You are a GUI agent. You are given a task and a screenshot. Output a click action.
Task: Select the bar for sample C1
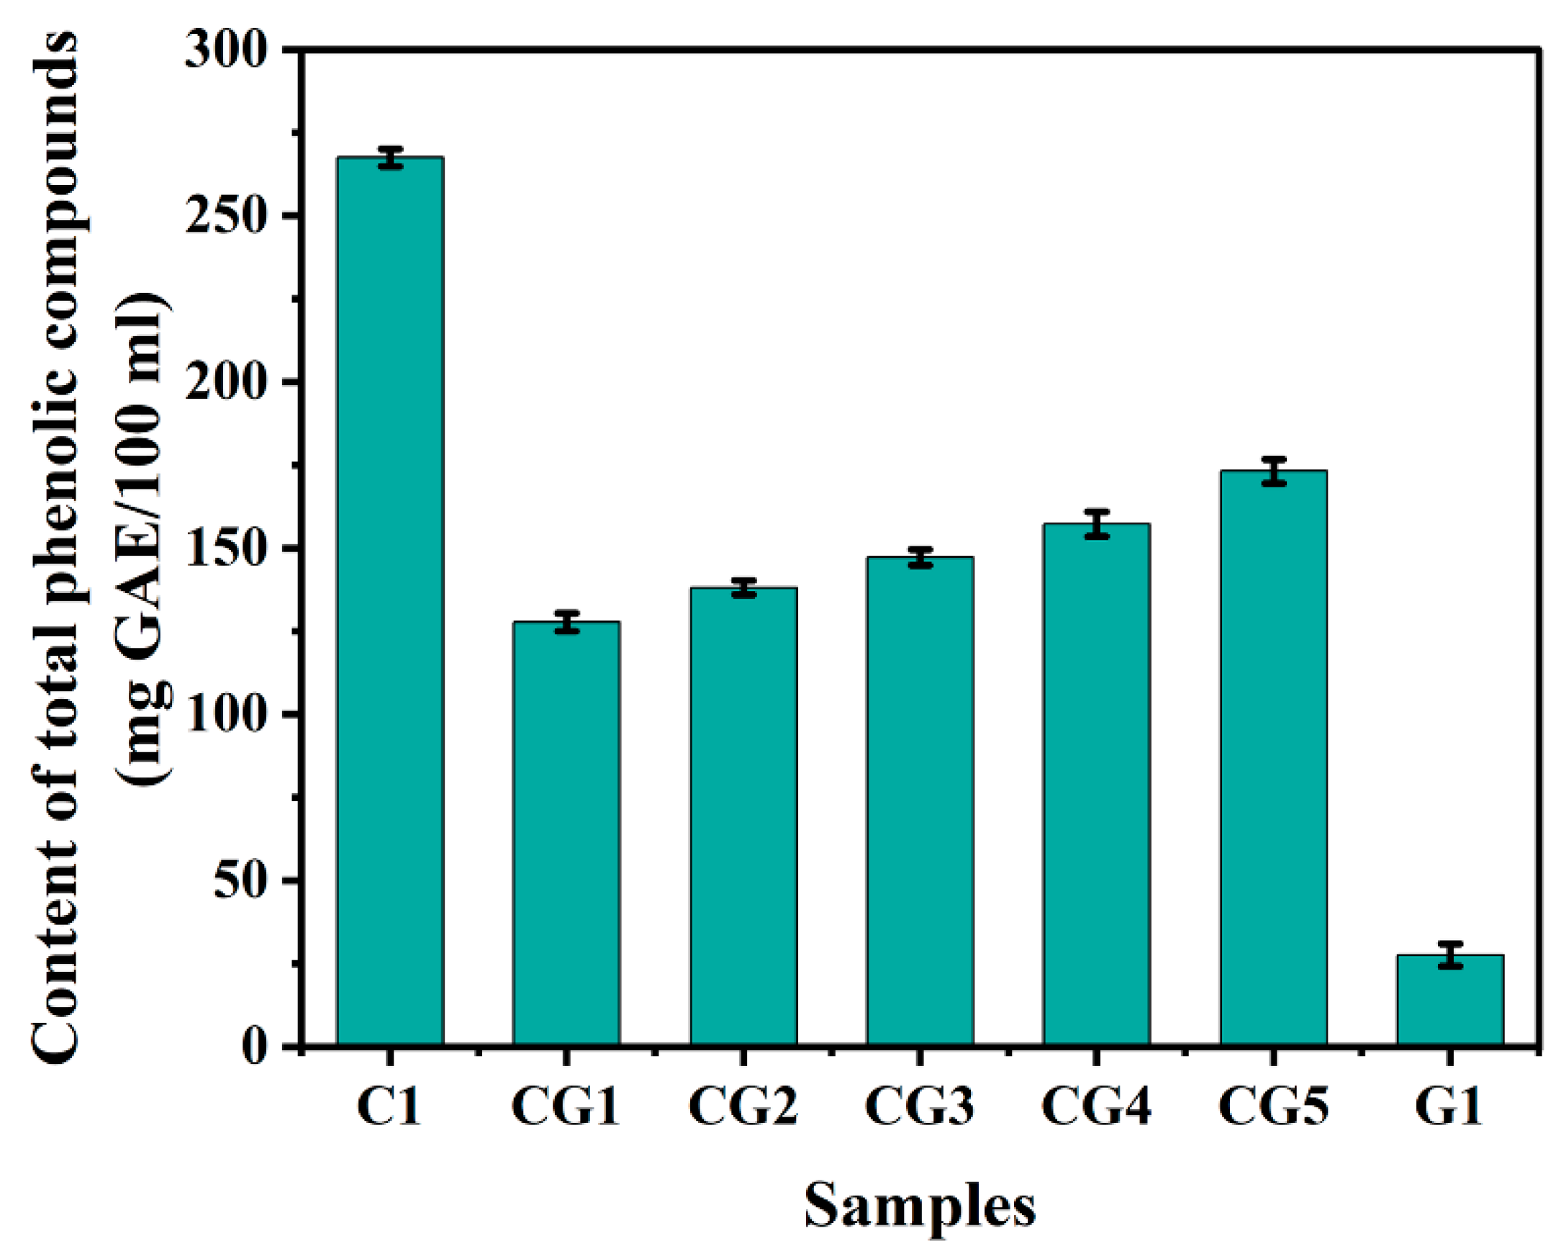click(390, 602)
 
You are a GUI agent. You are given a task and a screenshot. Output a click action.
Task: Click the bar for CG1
click(566, 834)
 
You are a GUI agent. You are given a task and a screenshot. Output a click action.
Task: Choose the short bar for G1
click(1450, 1001)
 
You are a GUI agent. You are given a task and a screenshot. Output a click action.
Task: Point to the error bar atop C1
click(390, 158)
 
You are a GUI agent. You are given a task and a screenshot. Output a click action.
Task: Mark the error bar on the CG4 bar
click(1097, 524)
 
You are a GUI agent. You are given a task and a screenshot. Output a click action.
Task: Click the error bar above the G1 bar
click(1450, 955)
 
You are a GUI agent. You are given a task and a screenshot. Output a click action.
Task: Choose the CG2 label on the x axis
click(743, 1106)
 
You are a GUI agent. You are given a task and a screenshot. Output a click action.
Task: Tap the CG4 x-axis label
click(1097, 1106)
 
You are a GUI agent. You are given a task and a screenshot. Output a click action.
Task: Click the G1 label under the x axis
click(1450, 1106)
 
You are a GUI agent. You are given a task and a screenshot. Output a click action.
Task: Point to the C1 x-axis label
click(390, 1106)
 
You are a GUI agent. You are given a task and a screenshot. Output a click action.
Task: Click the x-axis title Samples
click(920, 1205)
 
